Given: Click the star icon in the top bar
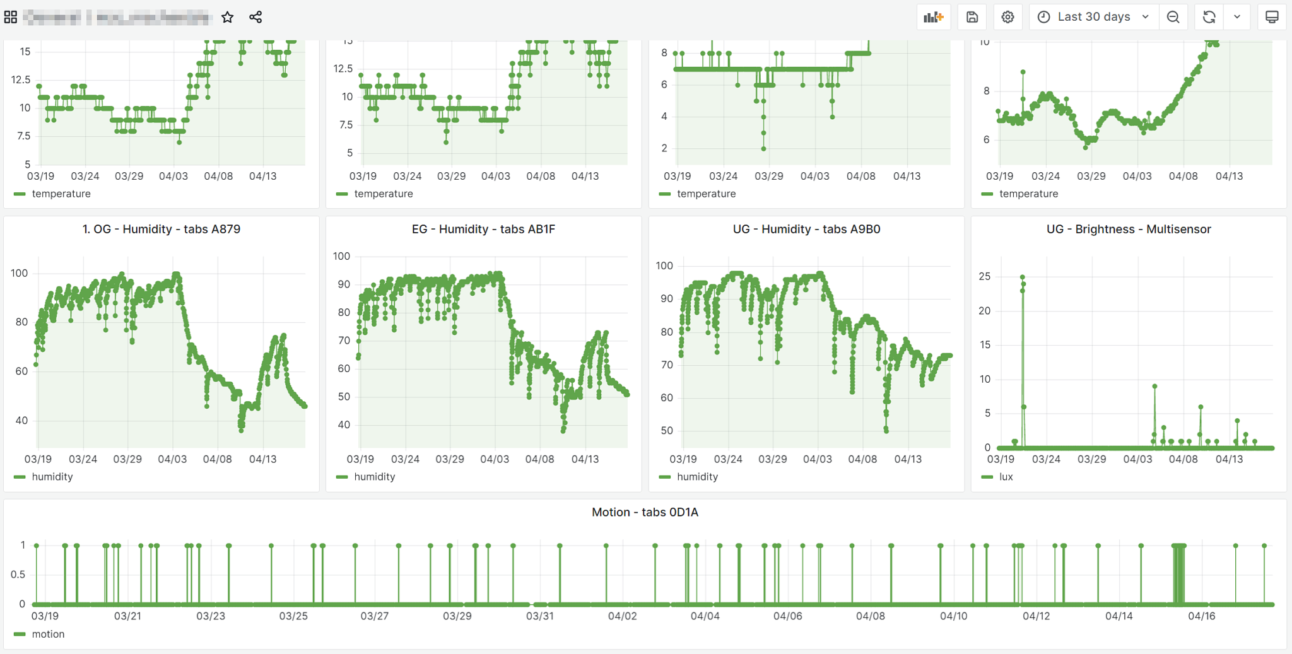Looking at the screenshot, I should click(x=228, y=17).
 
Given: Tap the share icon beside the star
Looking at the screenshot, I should click(x=255, y=17).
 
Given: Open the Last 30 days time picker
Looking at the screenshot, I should click(x=1094, y=17).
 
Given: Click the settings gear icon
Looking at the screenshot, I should click(x=1007, y=17).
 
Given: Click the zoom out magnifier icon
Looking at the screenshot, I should click(x=1173, y=17).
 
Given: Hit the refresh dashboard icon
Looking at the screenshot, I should click(x=1209, y=17).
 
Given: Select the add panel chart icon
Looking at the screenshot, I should click(x=933, y=17).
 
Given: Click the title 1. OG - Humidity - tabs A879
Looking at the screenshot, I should click(x=161, y=229).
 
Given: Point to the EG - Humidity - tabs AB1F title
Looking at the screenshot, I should click(x=483, y=229).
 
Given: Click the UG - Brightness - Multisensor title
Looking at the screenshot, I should click(x=1129, y=229).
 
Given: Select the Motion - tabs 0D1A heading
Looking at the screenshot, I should click(x=645, y=512).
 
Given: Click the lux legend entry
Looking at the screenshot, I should click(x=1006, y=477).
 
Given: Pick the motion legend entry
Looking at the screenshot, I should click(x=48, y=634).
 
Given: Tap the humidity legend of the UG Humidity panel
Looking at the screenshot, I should click(x=697, y=477).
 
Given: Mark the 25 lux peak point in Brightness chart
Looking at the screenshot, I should click(x=1023, y=277).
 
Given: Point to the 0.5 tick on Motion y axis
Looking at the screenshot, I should click(x=18, y=575).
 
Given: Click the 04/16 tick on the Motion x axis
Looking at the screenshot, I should click(x=1201, y=616).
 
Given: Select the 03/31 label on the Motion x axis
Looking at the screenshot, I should click(x=540, y=616).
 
